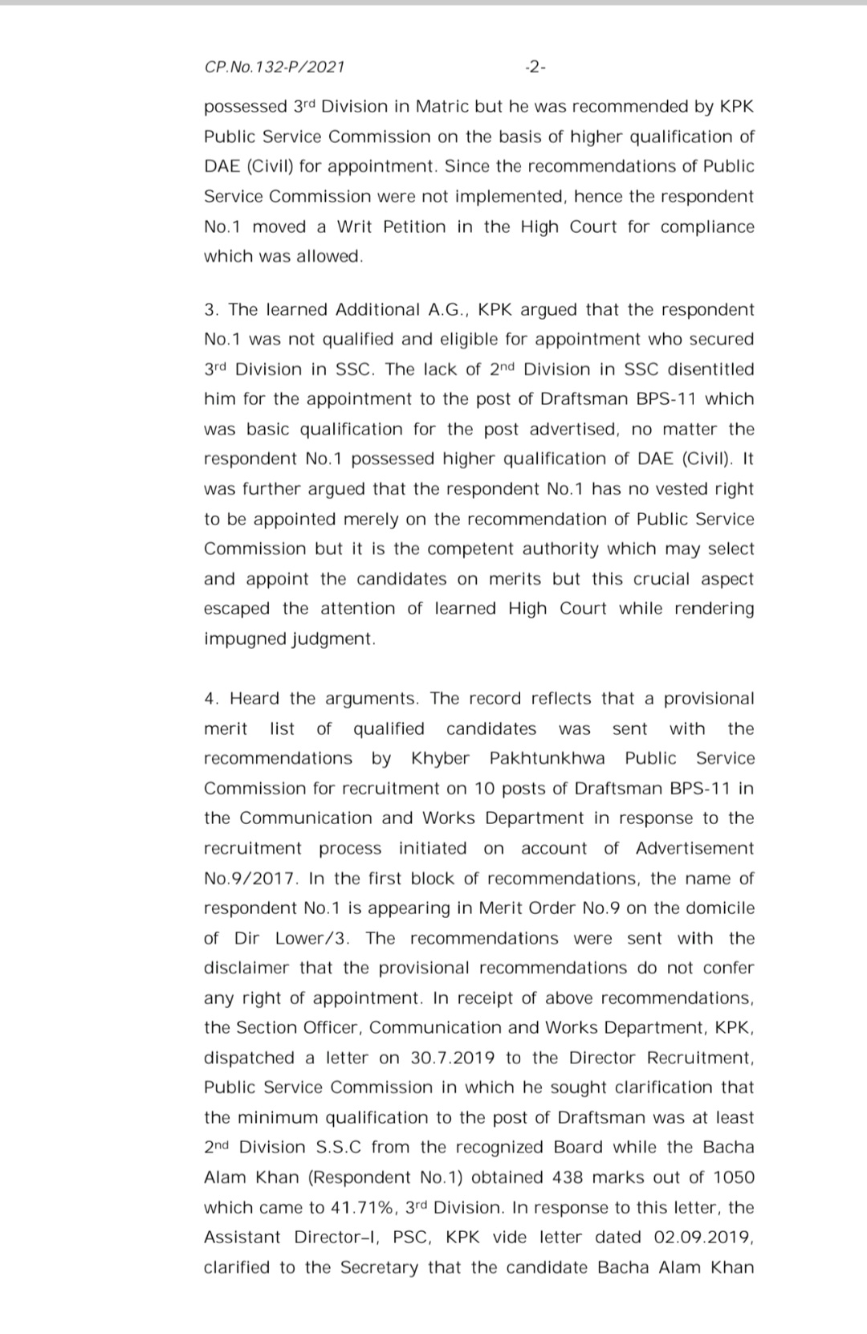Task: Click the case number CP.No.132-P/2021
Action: point(275,67)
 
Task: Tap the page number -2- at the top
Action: point(534,67)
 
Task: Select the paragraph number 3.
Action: point(211,310)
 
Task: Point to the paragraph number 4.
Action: point(211,699)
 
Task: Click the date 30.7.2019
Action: point(453,1058)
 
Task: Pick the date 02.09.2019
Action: point(704,1238)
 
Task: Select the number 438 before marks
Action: point(568,1177)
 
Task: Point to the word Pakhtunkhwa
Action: point(547,759)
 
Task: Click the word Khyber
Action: point(440,759)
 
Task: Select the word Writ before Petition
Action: point(355,226)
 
